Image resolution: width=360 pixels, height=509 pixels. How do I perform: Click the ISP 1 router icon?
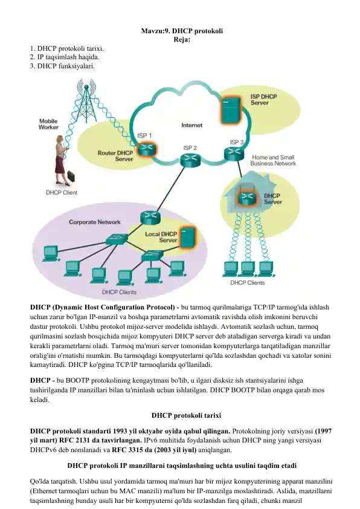tap(146, 150)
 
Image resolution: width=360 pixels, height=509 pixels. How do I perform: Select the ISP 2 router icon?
tap(190, 160)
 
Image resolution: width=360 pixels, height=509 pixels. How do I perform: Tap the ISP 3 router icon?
tap(234, 154)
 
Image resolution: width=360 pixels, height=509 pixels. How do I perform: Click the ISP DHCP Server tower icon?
tap(231, 111)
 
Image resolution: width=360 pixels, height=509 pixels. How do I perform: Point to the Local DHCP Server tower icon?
tap(188, 238)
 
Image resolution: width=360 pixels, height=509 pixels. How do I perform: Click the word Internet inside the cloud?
tap(191, 125)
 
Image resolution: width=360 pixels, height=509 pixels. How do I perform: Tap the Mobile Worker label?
tap(48, 124)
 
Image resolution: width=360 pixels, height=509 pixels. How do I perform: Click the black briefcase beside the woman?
tap(71, 177)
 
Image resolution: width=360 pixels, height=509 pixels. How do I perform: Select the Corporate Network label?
tap(95, 222)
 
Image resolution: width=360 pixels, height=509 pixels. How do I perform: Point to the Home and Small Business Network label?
tap(273, 160)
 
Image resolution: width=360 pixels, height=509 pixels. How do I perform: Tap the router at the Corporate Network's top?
tap(150, 217)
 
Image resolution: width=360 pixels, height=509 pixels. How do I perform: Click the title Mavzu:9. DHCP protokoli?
tap(182, 31)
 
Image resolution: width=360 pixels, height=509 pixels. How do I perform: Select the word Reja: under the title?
tap(182, 40)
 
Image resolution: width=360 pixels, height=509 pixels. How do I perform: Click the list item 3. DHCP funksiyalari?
tap(62, 66)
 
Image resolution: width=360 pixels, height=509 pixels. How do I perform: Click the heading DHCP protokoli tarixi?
tap(186, 415)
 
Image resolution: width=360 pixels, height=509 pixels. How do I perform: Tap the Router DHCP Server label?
tap(115, 156)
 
